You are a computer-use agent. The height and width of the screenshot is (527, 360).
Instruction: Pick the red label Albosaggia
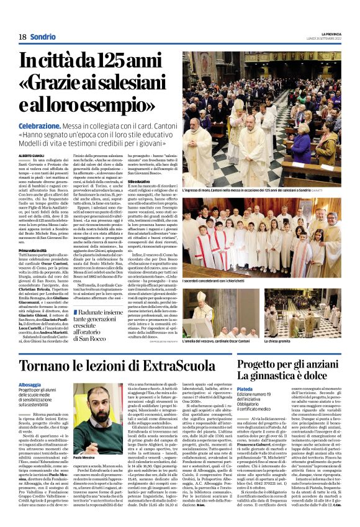[32, 385]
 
